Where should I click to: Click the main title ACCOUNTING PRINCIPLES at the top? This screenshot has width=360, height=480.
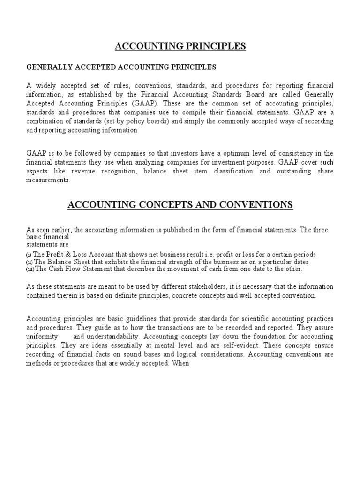[180, 46]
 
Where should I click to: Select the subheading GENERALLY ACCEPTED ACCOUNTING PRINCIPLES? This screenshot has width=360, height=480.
[121, 67]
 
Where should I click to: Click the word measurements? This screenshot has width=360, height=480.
[48, 180]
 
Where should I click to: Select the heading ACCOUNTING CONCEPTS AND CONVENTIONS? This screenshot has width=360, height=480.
[180, 205]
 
